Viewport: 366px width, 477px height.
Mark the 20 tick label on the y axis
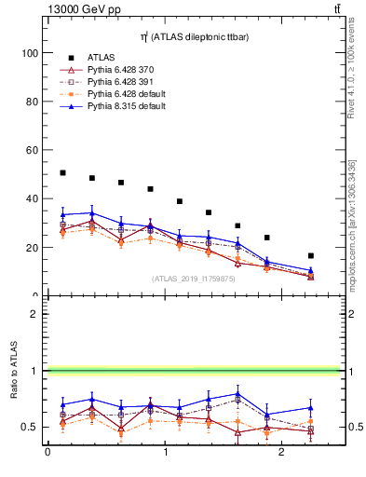click(34, 248)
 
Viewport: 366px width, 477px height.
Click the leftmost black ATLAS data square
click(62, 172)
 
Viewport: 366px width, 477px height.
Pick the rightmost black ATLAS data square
click(310, 255)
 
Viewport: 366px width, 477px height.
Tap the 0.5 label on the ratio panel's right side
click(353, 428)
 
